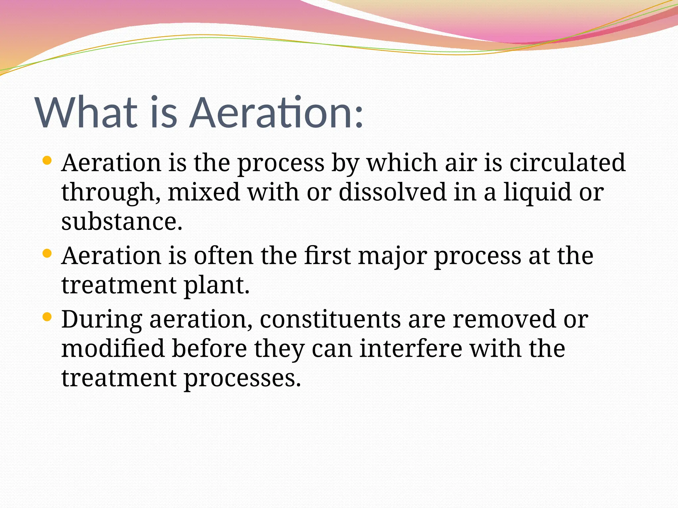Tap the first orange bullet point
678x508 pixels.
[47, 161]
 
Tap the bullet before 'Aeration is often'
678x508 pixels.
[47, 254]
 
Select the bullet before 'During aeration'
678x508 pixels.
[47, 317]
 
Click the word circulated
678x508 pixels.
[567, 163]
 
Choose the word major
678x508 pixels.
[392, 256]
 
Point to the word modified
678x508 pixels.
[113, 348]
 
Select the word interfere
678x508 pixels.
[411, 348]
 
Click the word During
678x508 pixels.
[102, 320]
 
